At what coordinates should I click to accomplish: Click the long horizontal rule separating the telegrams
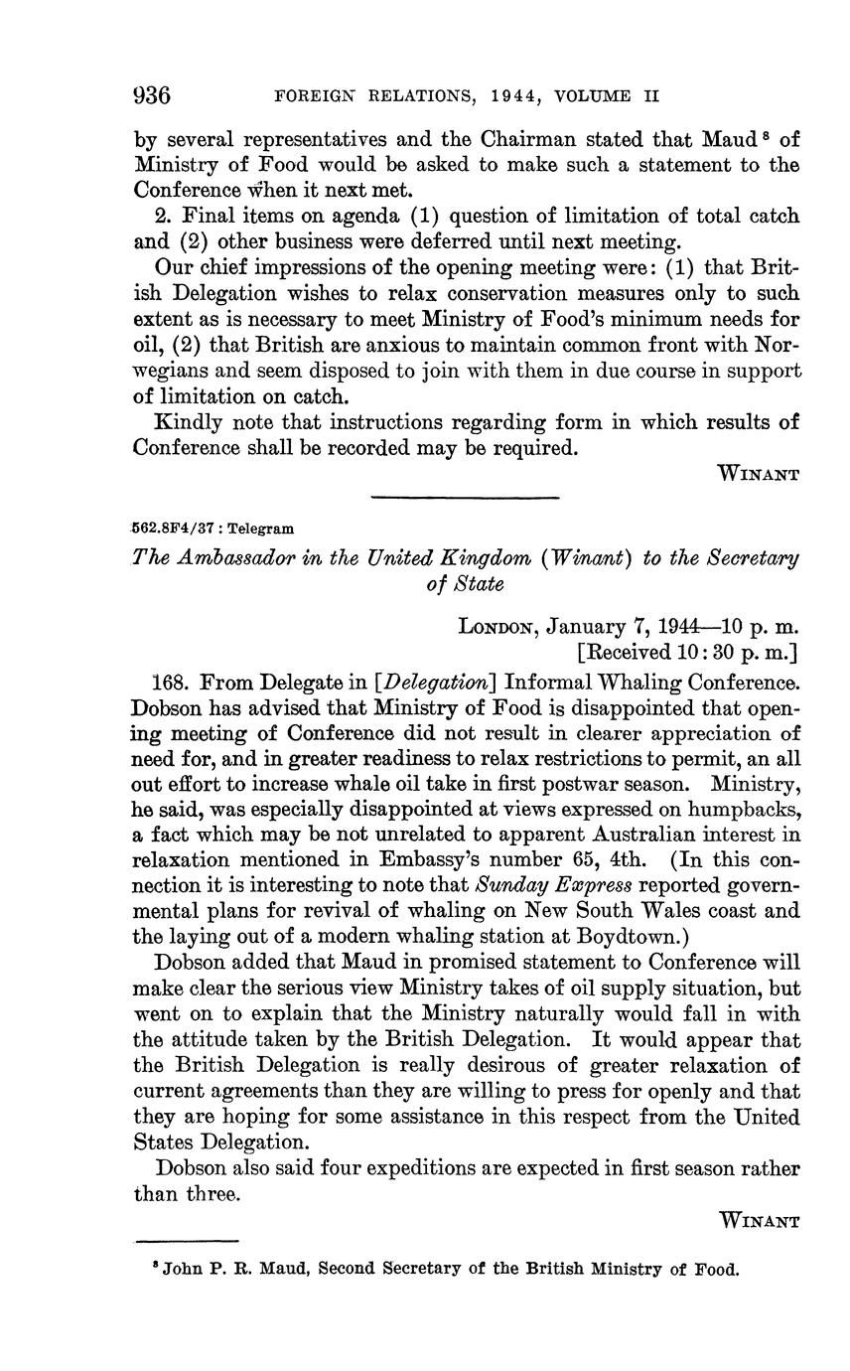point(465,497)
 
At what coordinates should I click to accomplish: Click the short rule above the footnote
point(187,1241)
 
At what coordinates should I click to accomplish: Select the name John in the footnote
point(181,1270)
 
